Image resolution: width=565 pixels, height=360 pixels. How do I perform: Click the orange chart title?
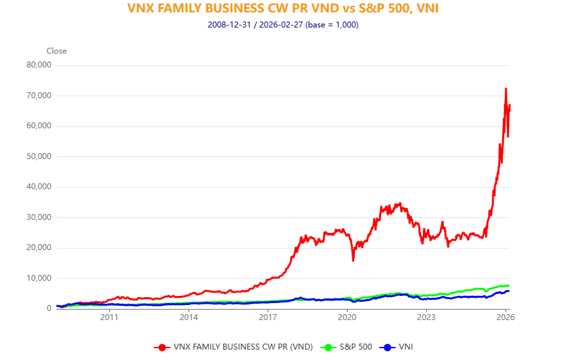tap(282, 9)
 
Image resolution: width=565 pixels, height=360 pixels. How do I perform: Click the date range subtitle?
tap(282, 25)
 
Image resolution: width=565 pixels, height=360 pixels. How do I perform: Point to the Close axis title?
tap(56, 51)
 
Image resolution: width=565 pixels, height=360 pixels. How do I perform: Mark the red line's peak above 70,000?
tap(505, 88)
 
